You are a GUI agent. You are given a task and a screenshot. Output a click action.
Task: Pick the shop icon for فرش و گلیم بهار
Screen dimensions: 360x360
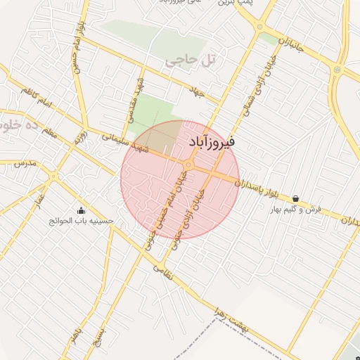pyautogui.click(x=295, y=199)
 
